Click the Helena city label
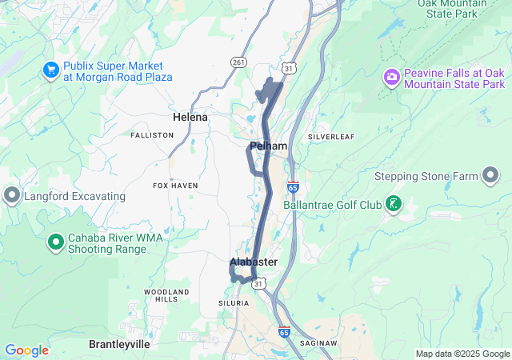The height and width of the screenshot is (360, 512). [x=190, y=117]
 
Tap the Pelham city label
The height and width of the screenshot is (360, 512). [x=268, y=146]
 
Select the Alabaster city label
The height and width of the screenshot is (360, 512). [x=254, y=262]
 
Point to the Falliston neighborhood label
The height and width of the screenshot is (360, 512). [x=152, y=135]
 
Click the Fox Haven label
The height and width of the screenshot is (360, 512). [x=174, y=186]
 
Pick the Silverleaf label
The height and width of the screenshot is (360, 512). [x=330, y=137]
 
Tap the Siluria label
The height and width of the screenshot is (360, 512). [x=234, y=303]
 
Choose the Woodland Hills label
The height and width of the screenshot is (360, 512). [x=167, y=294]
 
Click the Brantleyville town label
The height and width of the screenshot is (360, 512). [x=119, y=343]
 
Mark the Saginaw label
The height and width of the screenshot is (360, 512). [x=319, y=342]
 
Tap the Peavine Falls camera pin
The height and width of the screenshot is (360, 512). [x=392, y=78]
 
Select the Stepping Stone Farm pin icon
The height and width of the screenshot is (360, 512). [x=490, y=176]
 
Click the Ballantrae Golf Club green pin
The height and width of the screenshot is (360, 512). [x=393, y=204]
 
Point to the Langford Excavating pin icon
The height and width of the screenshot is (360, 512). [x=12, y=195]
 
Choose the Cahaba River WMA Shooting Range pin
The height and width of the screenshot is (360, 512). [x=56, y=241]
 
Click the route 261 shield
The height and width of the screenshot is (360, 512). [x=238, y=62]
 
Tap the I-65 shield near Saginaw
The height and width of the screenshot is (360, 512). [x=284, y=330]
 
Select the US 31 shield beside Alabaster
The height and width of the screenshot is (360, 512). [x=258, y=282]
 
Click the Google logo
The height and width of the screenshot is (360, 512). [x=26, y=350]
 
